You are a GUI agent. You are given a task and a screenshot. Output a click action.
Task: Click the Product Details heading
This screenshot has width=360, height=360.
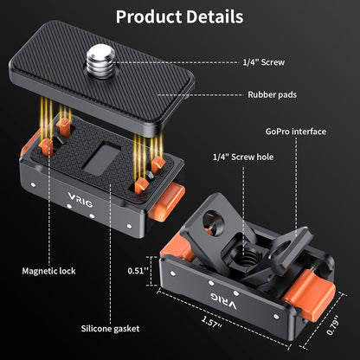tap(179, 16)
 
